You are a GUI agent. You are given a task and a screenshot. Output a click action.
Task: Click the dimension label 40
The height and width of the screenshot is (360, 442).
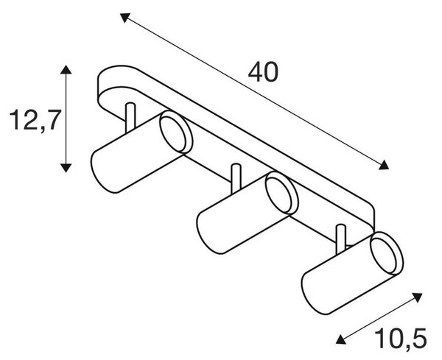tap(263, 72)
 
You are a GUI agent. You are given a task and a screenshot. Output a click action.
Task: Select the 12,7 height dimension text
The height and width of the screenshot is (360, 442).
tap(35, 120)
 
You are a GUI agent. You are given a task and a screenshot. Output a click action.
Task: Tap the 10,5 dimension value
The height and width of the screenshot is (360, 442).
tap(401, 339)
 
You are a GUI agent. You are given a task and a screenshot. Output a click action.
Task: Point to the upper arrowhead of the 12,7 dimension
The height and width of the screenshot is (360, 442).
tap(66, 69)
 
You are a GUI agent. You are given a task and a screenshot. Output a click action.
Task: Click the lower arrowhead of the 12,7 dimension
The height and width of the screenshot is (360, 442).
tap(66, 168)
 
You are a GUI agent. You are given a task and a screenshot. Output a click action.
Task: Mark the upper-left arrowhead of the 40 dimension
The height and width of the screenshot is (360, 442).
tap(124, 17)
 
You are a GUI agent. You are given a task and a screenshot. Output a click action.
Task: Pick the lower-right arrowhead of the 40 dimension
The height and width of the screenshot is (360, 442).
tap(385, 166)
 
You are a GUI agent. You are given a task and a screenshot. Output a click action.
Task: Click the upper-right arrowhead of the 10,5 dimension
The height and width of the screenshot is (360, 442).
tap(417, 297)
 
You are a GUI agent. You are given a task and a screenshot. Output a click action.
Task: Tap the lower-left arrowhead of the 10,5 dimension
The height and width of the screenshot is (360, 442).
tap(341, 339)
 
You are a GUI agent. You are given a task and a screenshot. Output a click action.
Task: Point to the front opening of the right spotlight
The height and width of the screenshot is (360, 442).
tap(387, 253)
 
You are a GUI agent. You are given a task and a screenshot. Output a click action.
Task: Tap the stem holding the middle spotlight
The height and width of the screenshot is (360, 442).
tap(236, 179)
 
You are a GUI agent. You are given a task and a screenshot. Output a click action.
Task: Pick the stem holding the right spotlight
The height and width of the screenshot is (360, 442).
tap(341, 239)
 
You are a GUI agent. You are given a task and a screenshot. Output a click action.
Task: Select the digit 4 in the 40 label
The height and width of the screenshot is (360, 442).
tap(255, 72)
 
